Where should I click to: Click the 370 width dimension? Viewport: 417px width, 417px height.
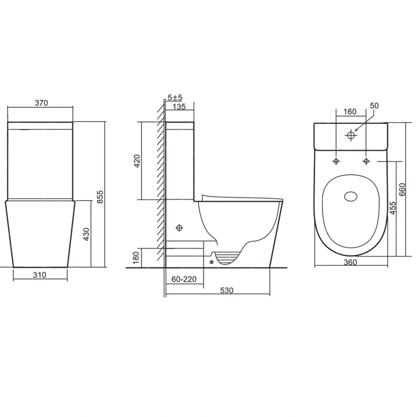[42, 103]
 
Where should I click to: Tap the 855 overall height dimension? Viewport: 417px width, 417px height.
[100, 197]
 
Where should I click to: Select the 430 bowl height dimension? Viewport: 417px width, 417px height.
[86, 234]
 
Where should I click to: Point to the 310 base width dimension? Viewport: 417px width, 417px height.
[40, 275]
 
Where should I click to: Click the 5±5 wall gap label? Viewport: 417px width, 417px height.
[175, 98]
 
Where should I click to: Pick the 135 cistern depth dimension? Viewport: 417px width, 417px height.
[179, 107]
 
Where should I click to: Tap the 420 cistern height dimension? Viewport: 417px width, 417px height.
[137, 161]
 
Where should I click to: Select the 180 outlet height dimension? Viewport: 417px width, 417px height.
[136, 258]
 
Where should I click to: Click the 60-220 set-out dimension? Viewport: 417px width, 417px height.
[184, 279]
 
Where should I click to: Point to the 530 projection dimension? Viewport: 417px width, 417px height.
[226, 290]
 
